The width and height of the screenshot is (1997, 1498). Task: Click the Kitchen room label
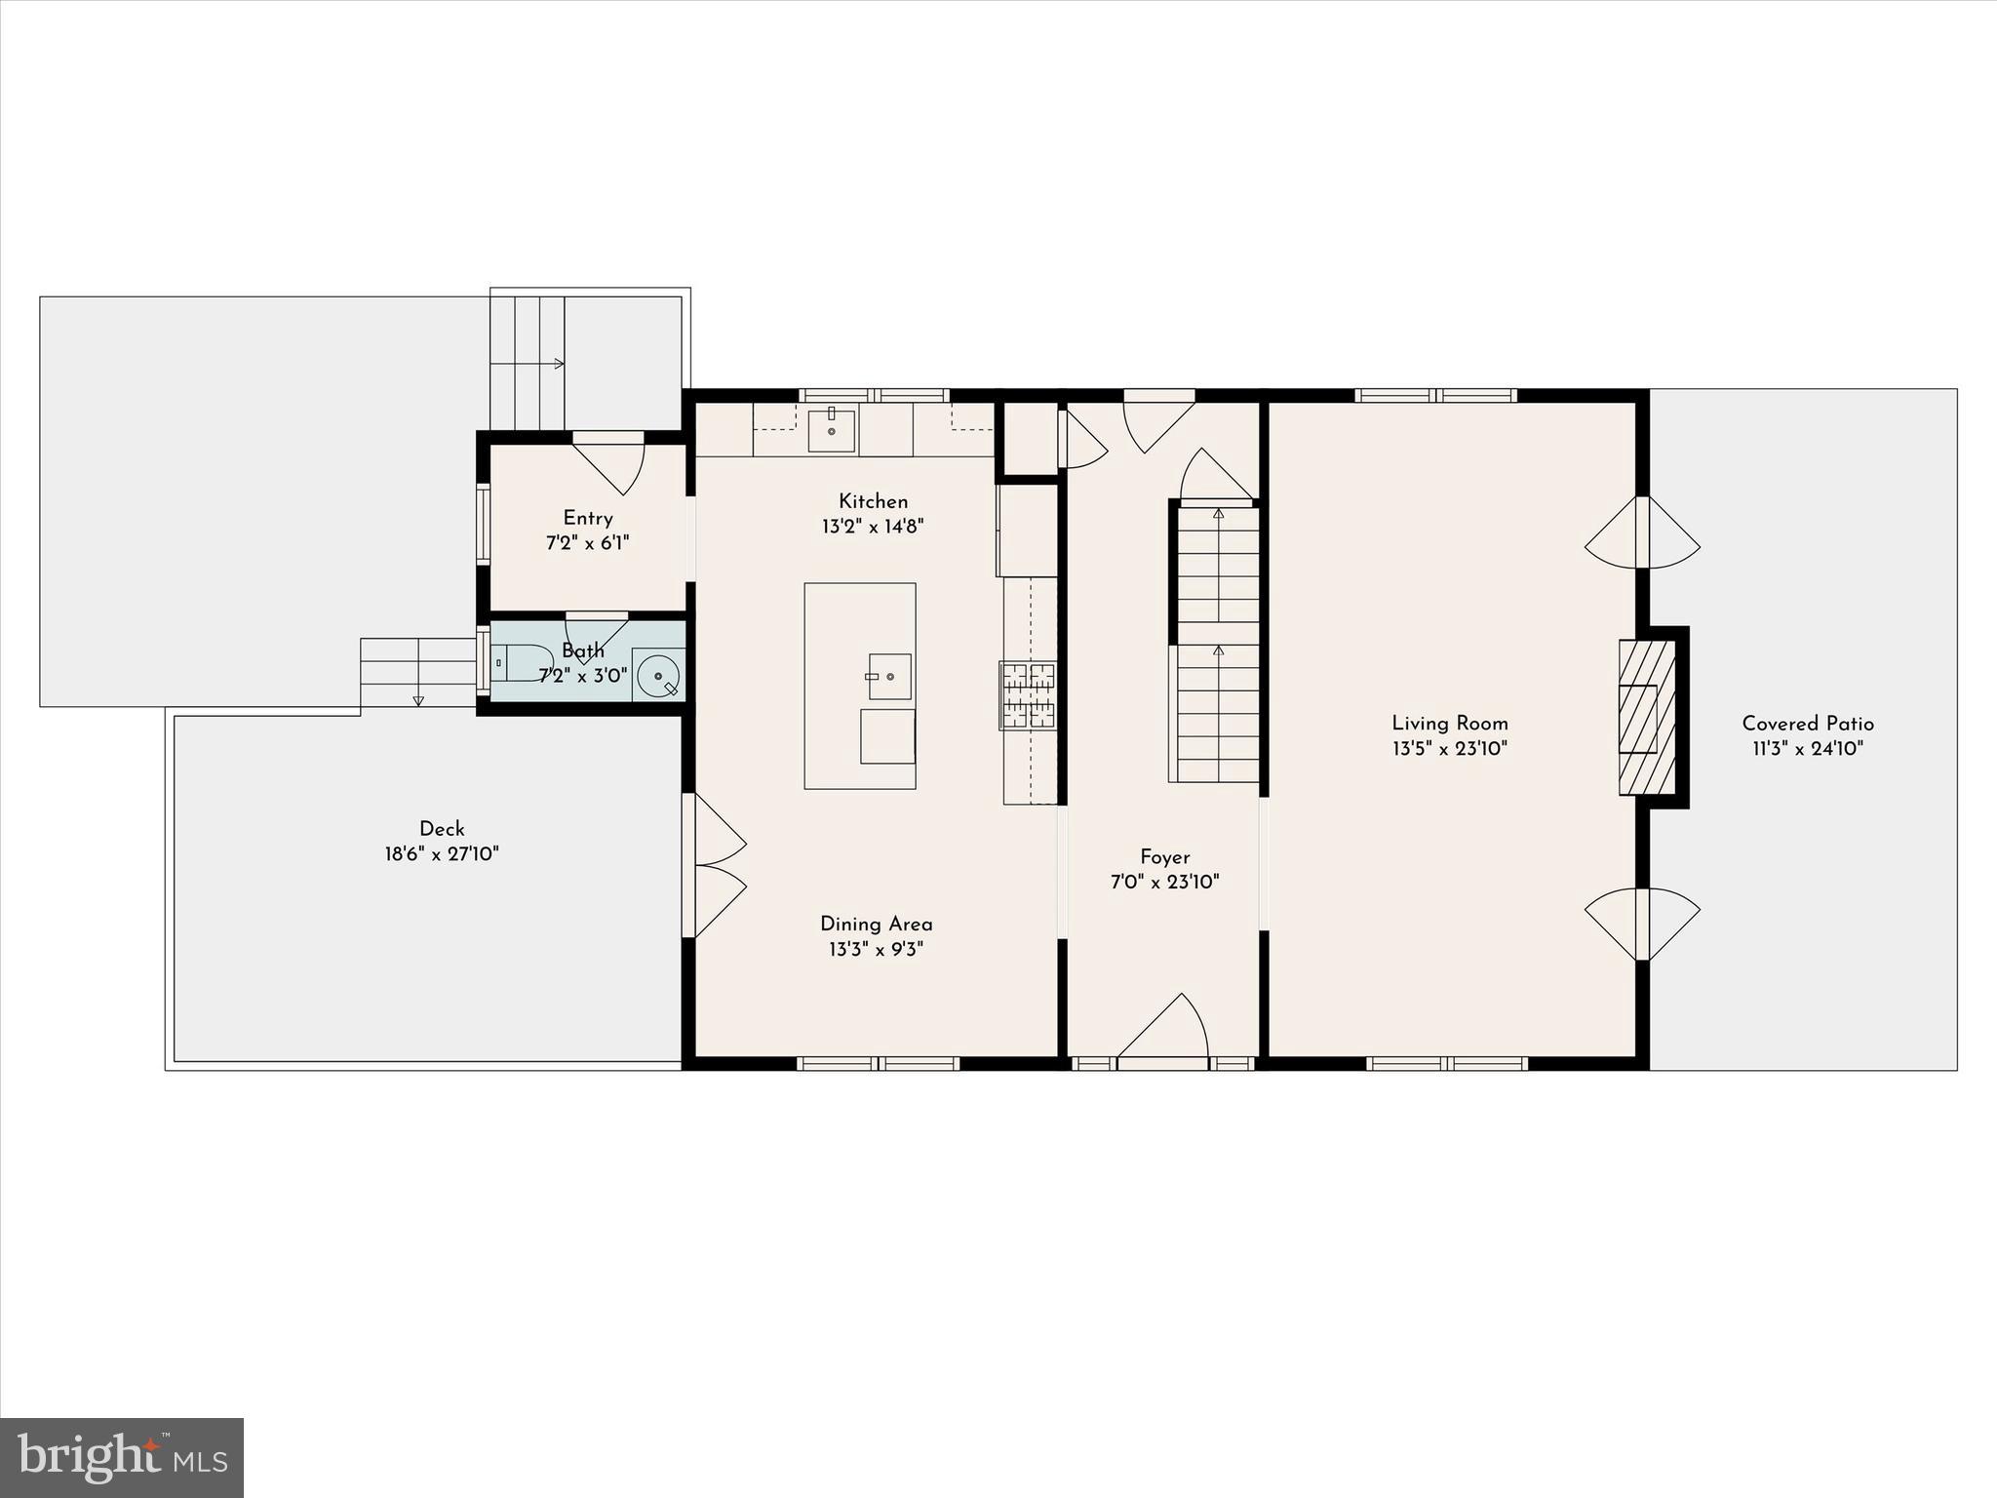pos(873,501)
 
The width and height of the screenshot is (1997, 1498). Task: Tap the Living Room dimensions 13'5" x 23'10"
pos(1449,749)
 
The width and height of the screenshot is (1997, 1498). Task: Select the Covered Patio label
pos(1807,724)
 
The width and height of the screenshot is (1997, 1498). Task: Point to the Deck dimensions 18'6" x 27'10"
pos(442,854)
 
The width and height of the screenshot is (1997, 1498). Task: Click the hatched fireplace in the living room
pos(1646,717)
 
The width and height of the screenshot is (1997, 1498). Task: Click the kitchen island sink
pos(888,676)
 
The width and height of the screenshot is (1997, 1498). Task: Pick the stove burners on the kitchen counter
pos(1027,694)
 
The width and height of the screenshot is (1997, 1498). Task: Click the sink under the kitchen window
pos(831,430)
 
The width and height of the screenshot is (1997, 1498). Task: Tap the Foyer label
pos(1164,857)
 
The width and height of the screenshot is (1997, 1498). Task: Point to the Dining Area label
pos(876,924)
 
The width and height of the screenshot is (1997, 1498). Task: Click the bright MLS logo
pos(122,1457)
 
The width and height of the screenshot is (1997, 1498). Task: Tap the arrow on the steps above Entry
pos(559,364)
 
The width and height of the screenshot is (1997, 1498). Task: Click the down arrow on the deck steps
pos(418,699)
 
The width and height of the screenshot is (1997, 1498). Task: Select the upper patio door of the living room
pos(1643,533)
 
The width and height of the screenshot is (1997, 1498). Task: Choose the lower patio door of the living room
pos(1643,924)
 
